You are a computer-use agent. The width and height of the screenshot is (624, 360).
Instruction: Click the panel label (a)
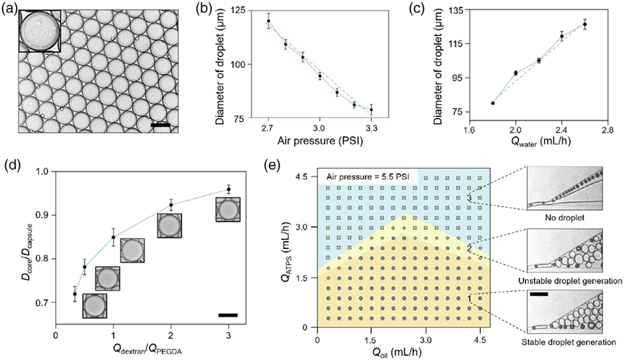(9, 10)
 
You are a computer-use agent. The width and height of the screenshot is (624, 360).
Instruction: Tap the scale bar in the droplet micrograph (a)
(160, 123)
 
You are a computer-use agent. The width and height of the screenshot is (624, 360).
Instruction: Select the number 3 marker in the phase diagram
(469, 198)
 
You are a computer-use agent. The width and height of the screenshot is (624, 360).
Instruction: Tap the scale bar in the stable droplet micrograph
(539, 294)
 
